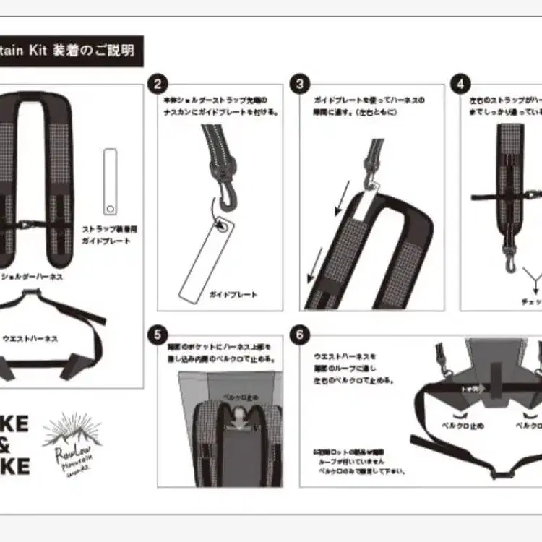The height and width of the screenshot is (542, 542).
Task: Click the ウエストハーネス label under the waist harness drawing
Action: pos(30,337)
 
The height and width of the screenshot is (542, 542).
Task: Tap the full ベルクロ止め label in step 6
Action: pos(463,426)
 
